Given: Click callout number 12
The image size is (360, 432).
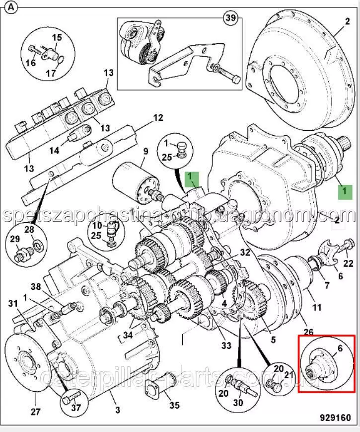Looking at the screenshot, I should tap(157, 118).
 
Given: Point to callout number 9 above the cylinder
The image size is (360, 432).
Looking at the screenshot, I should tap(146, 151).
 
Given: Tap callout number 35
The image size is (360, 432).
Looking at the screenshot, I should tap(174, 405).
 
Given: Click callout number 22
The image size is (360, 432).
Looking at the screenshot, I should tap(349, 263).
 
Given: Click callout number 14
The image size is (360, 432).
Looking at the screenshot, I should tap(54, 150).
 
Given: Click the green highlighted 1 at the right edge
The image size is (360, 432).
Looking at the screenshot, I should tap(343, 191).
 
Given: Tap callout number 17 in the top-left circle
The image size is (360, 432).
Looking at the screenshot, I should tap(51, 73).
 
